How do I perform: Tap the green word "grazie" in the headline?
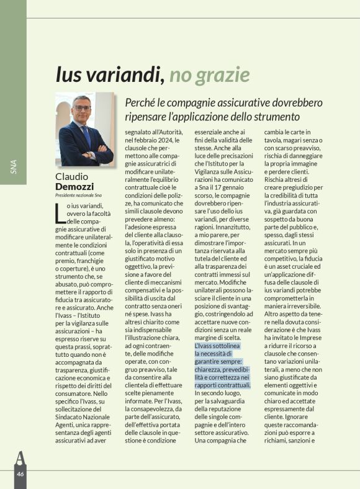click(x=223, y=75)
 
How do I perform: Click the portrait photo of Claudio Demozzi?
click(x=85, y=129)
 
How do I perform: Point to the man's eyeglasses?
click(x=82, y=108)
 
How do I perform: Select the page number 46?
click(x=20, y=473)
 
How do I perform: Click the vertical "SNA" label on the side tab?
click(x=14, y=167)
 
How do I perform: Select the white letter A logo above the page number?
click(x=20, y=456)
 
